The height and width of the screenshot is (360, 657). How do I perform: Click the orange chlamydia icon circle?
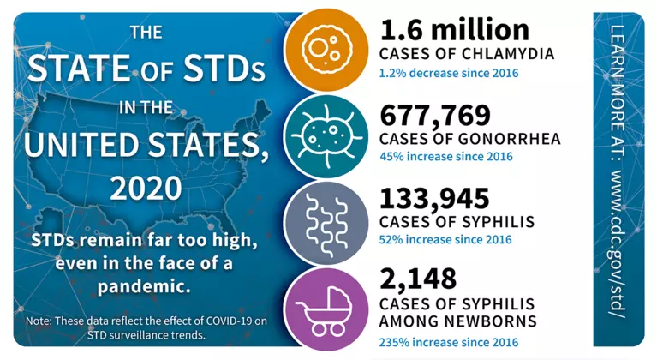tap(328, 50)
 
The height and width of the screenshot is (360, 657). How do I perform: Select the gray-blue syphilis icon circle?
tap(328, 219)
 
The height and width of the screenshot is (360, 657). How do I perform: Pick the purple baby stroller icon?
tap(328, 306)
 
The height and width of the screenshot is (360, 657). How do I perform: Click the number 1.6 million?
tap(455, 30)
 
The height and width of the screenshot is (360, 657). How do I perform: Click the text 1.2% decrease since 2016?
tap(448, 73)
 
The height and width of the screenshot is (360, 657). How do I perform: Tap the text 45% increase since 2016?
tap(445, 157)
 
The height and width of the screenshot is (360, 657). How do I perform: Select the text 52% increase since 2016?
tap(445, 241)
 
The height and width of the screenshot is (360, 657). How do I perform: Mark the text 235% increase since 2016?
tap(449, 342)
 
